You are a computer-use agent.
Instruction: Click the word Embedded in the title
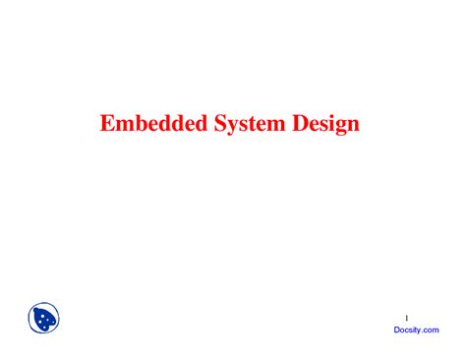(x=149, y=125)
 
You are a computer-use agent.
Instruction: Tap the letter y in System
(x=223, y=128)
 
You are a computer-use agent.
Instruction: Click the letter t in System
(x=245, y=126)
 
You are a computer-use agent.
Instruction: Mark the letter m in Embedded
(x=122, y=127)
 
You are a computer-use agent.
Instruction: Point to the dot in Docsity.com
(x=421, y=332)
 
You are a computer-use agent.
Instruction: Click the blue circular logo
(x=43, y=319)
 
